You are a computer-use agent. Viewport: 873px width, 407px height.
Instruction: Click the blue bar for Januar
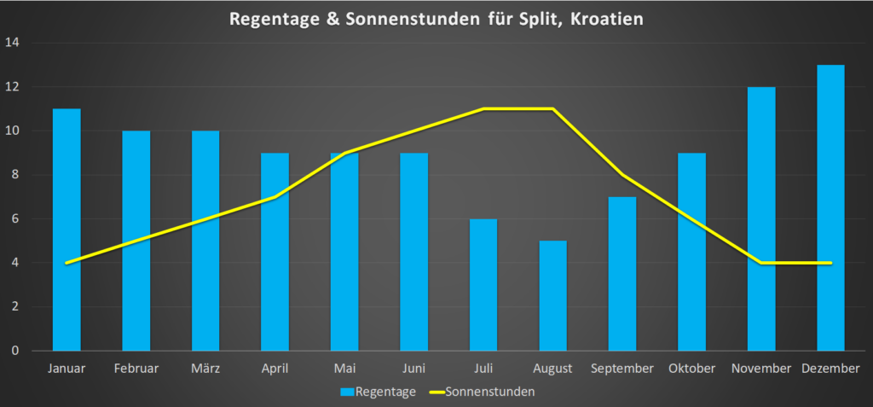(66, 230)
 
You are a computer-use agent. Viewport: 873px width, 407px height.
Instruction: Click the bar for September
(622, 273)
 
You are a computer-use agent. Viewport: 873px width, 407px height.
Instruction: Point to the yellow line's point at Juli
(483, 109)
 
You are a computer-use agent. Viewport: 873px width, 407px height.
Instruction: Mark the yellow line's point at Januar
(66, 263)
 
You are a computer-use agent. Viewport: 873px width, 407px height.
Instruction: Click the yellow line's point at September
(622, 175)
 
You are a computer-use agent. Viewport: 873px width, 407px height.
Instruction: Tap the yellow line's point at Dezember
(830, 263)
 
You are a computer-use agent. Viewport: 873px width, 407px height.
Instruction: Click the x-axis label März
(205, 369)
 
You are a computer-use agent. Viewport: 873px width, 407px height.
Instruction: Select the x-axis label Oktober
(691, 369)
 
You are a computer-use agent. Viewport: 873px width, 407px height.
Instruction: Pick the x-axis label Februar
(136, 369)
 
